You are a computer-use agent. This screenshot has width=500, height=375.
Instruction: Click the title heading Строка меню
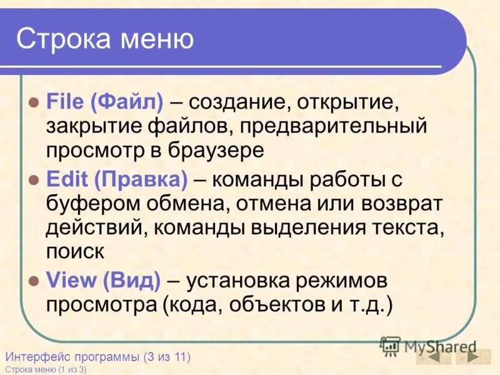click(x=105, y=39)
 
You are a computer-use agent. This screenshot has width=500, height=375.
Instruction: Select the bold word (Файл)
click(x=127, y=101)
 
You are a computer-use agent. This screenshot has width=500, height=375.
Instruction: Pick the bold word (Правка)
click(x=141, y=180)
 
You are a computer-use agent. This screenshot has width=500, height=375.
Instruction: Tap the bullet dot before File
click(x=34, y=101)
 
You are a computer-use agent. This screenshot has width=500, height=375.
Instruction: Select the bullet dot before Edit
click(x=34, y=180)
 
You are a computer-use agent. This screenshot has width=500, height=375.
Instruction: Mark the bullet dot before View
click(x=34, y=281)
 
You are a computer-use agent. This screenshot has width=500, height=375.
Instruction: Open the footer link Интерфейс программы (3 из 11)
click(x=97, y=357)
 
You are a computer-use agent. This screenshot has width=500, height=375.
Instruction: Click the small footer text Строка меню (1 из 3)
click(x=46, y=369)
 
